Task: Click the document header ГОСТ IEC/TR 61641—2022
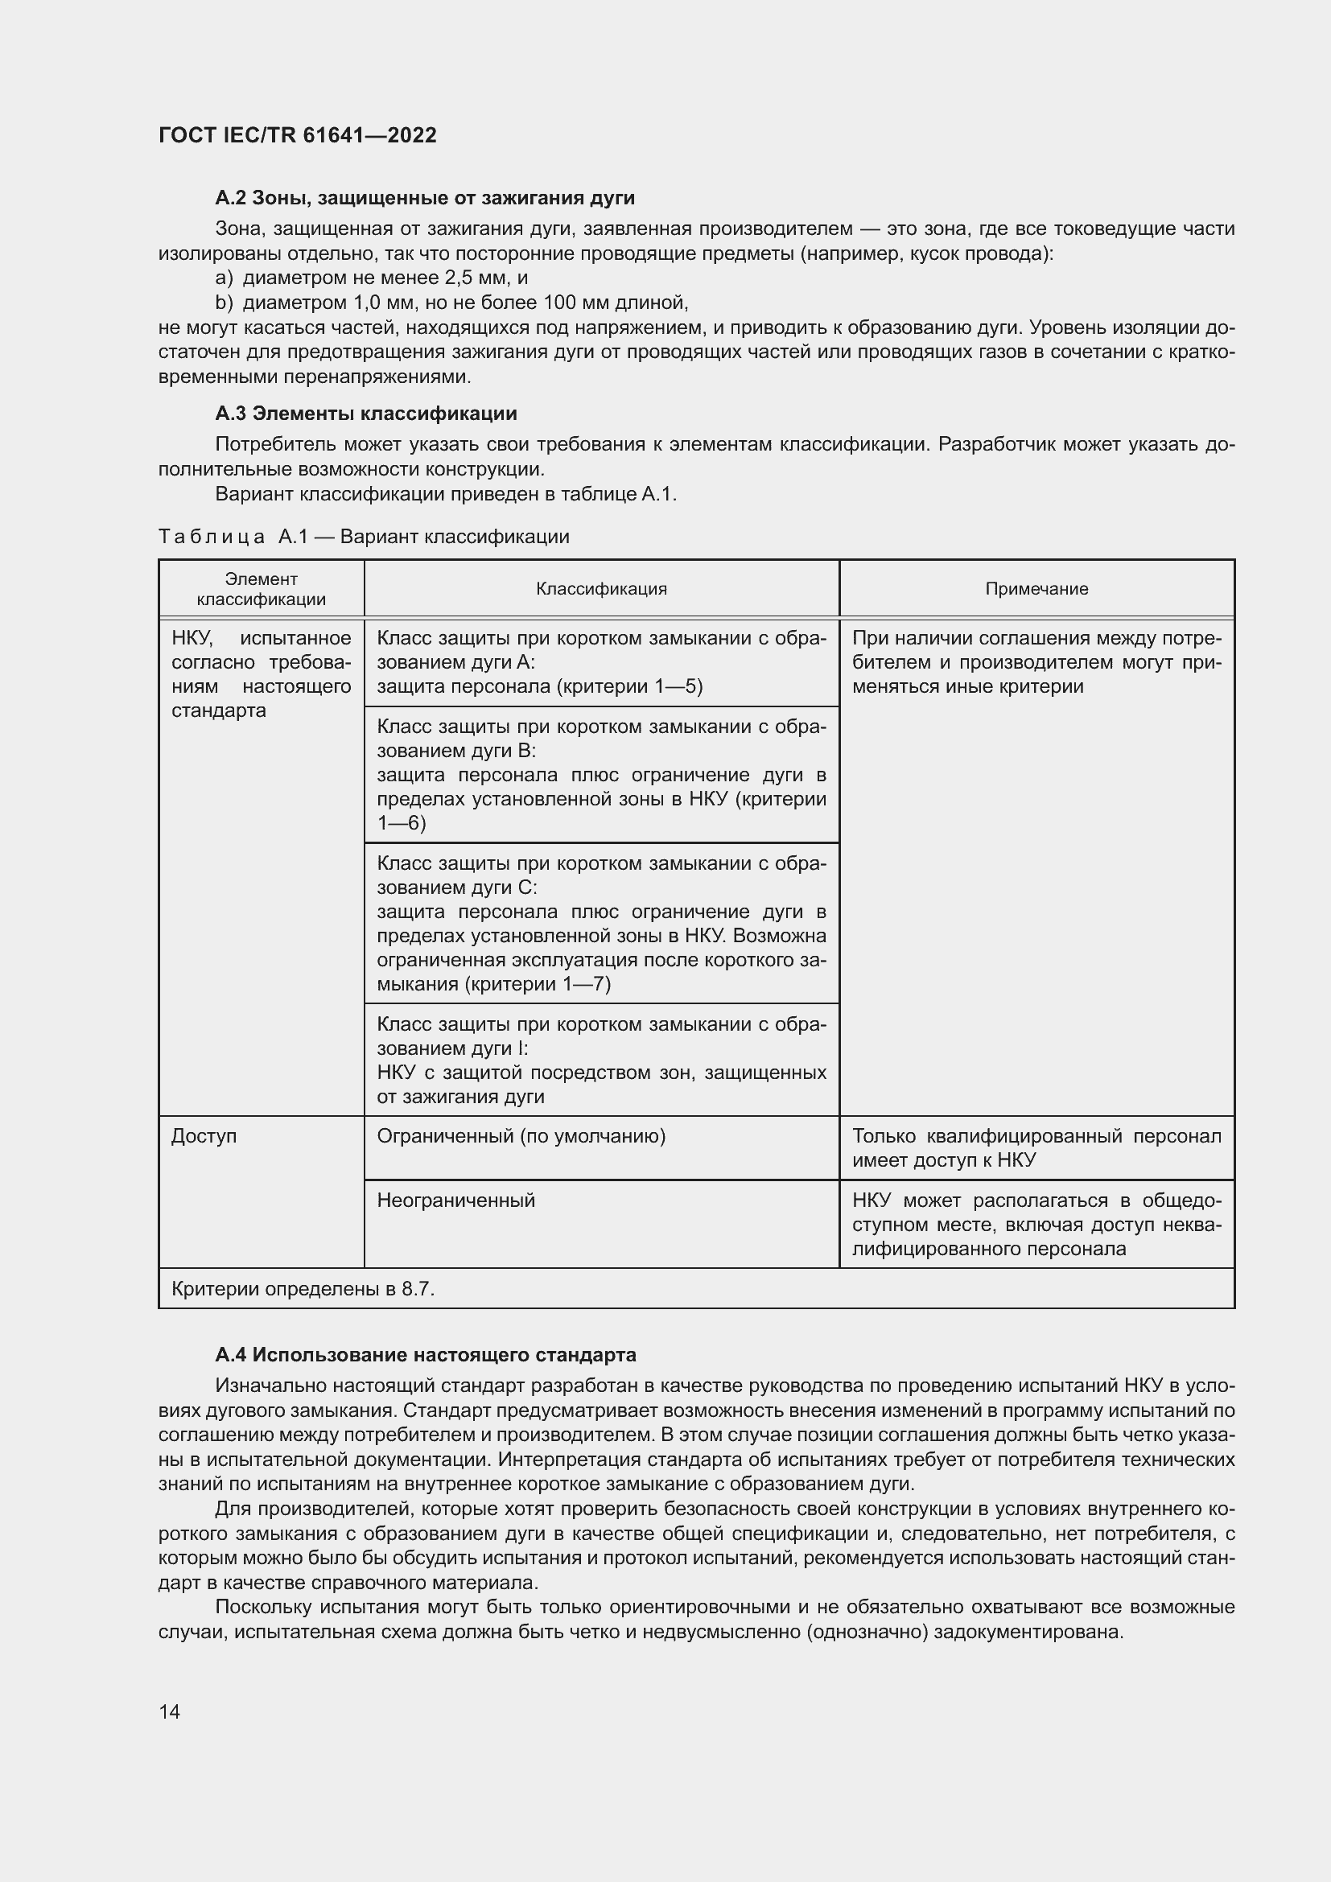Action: [x=297, y=135]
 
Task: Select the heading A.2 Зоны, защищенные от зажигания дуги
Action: [x=425, y=198]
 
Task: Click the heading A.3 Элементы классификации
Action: [x=365, y=413]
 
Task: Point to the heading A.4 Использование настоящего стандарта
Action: [x=426, y=1354]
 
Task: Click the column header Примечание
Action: [x=1036, y=588]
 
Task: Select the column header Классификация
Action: [x=601, y=588]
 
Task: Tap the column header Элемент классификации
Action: [x=261, y=588]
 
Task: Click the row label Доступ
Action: [x=204, y=1136]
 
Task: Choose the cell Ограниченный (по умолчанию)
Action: [x=521, y=1136]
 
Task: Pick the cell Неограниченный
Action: [x=455, y=1200]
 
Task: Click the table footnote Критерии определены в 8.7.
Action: [x=303, y=1288]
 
